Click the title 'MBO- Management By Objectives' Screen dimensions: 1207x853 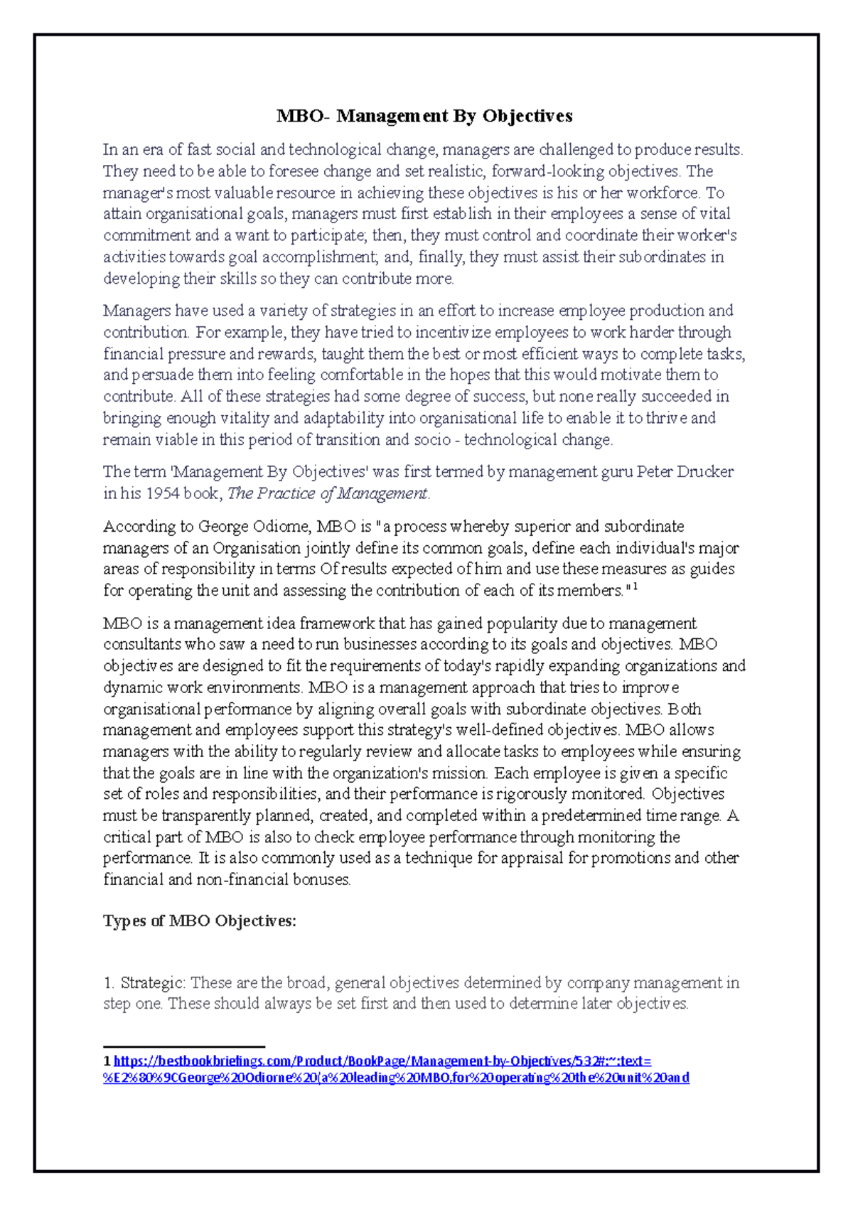pos(424,116)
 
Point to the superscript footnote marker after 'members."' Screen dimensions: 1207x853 pos(635,587)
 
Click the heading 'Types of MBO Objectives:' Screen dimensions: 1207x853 pos(200,921)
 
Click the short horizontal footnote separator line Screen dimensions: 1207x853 pos(184,1046)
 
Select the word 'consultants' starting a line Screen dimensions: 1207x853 pos(141,645)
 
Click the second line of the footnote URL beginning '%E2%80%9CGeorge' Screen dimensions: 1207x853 pos(396,1078)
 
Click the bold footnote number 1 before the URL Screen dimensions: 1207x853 pos(107,1061)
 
